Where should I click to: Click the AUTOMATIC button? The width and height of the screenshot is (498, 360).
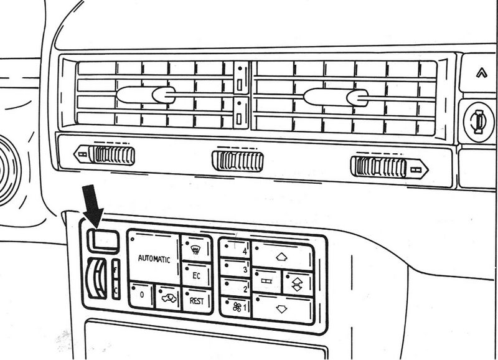click(153, 258)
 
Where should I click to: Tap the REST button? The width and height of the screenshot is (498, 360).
click(197, 300)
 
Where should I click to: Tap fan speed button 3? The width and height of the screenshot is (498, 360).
click(236, 270)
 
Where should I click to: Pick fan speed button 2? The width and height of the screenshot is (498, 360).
click(236, 288)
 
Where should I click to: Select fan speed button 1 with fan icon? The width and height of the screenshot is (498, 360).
click(236, 307)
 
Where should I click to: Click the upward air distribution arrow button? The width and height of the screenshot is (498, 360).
click(281, 256)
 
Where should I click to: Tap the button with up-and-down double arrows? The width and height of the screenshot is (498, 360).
click(297, 282)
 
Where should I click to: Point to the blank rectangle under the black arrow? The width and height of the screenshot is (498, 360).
click(102, 239)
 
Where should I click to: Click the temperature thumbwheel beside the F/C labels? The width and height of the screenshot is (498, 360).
click(98, 280)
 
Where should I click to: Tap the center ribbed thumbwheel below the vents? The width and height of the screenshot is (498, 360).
click(237, 161)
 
